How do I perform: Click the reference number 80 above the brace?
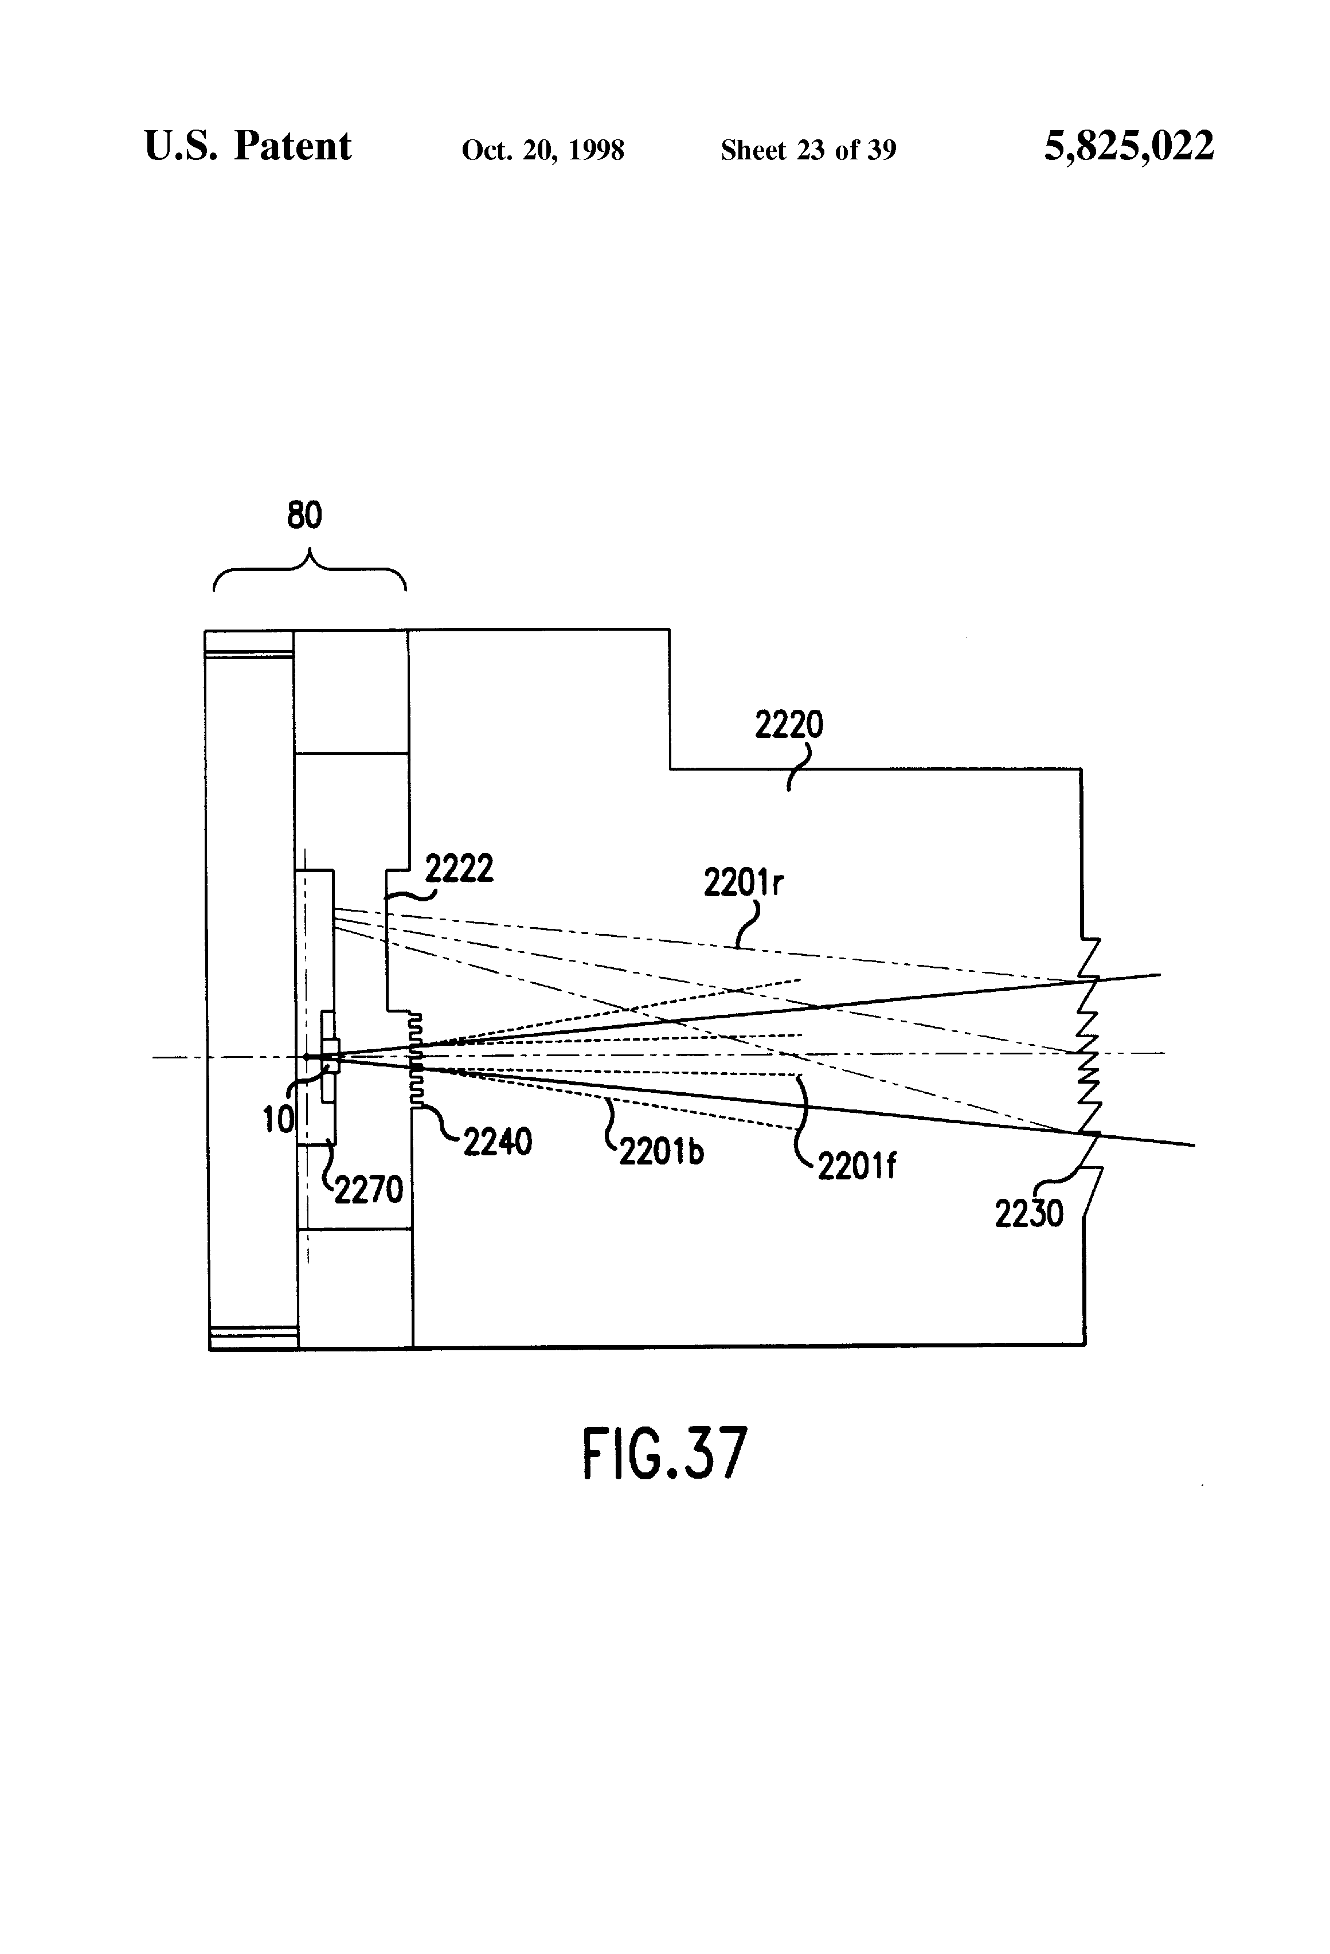(x=304, y=514)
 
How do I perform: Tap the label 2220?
(x=789, y=725)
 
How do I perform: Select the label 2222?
(x=459, y=869)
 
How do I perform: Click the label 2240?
(x=498, y=1142)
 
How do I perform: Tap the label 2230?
(x=1029, y=1213)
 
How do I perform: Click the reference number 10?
(x=278, y=1119)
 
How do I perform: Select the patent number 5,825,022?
(x=1129, y=146)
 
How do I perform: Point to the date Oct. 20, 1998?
(x=543, y=150)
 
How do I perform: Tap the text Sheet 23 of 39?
(x=809, y=150)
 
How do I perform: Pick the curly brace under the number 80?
(x=310, y=569)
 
